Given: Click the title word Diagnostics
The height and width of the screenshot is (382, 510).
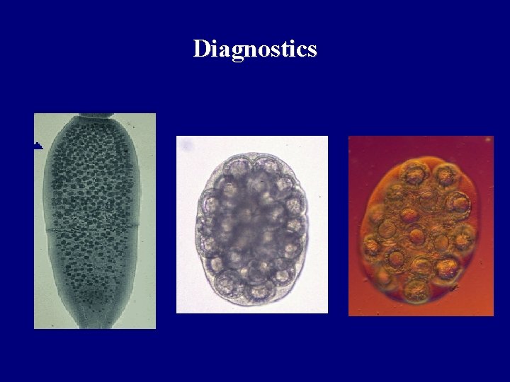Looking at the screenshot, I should point(255,50).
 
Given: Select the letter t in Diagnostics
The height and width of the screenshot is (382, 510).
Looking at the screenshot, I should point(288,50).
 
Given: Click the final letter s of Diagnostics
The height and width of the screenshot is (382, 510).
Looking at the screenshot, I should point(312,50).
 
